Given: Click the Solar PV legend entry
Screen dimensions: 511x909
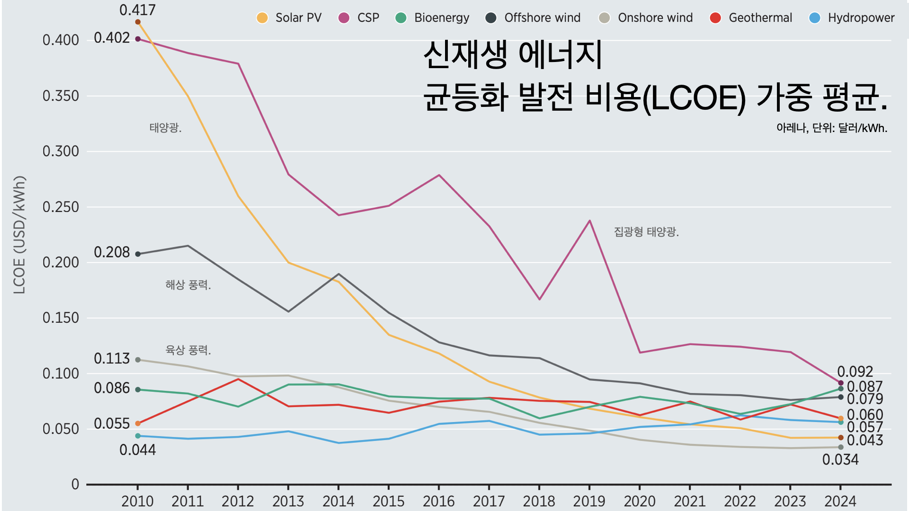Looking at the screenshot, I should pos(289,18).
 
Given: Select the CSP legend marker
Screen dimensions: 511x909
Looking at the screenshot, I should pos(344,18).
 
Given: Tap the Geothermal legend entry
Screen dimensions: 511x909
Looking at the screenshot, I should pos(751,18).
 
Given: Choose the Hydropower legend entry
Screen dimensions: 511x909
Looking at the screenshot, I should pos(852,18).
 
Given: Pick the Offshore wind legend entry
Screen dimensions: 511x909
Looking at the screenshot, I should pos(533,18).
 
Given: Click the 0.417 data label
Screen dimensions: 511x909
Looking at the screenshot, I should pos(137,10).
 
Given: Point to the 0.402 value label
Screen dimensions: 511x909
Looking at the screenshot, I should pos(112,38).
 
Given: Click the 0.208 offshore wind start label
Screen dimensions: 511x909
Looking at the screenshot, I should pos(112,252).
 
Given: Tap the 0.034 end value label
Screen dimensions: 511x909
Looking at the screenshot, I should pos(840,459).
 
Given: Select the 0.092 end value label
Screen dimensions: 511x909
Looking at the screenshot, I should pos(855,371).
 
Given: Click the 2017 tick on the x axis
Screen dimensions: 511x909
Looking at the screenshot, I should pos(489,501).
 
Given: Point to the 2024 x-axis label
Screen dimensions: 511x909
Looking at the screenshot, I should pos(840,501).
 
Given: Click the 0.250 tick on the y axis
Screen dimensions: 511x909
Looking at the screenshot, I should pos(61,207).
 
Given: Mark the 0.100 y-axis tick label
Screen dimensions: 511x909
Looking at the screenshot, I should pos(61,374).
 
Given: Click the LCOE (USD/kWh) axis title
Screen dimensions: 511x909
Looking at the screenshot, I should pos(19,235).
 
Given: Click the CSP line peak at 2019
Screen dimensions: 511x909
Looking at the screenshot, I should pos(589,220).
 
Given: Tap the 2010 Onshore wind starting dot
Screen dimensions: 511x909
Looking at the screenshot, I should pos(138,360).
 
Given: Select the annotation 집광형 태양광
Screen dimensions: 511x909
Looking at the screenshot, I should pos(646,232).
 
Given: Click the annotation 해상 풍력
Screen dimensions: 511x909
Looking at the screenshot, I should pos(188,285).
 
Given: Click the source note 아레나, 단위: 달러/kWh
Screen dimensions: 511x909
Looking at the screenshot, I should pos(831,128).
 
